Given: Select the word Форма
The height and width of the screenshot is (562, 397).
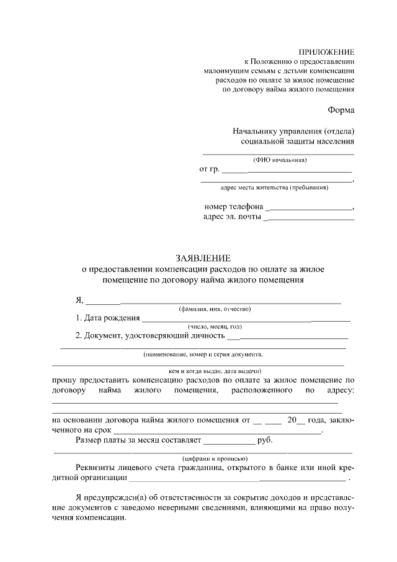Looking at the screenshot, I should [341, 110].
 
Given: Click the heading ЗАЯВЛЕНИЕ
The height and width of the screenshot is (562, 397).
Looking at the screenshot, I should [203, 258].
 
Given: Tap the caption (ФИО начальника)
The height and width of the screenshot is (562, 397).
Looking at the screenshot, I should [279, 160].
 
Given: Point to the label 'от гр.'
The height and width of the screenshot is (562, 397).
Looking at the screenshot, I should [210, 170].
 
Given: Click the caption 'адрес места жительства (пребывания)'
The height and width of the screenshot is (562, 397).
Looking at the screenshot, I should [275, 187].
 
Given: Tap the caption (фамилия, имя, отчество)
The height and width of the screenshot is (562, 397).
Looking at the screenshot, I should [215, 309].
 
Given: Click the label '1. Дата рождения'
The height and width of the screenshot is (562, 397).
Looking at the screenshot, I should [107, 319].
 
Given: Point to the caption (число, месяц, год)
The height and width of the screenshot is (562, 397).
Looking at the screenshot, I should [215, 327].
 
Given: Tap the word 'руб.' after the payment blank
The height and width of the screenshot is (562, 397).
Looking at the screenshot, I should [265, 440].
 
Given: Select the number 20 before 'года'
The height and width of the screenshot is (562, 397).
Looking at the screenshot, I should [293, 420].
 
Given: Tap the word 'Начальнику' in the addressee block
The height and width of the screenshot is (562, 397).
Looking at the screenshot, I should [254, 132].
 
